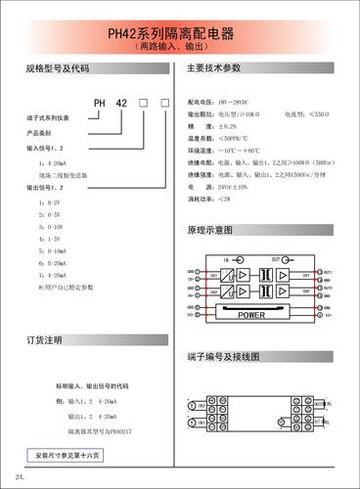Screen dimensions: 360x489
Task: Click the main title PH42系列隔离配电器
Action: [x=180, y=32]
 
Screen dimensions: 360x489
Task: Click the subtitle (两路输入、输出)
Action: [x=180, y=46]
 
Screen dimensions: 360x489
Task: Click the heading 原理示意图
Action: [x=209, y=231]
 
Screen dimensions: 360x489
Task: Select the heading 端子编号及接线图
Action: [x=222, y=358]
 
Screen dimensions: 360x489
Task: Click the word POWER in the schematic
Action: [x=251, y=315]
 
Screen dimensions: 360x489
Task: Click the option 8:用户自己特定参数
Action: [x=66, y=288]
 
